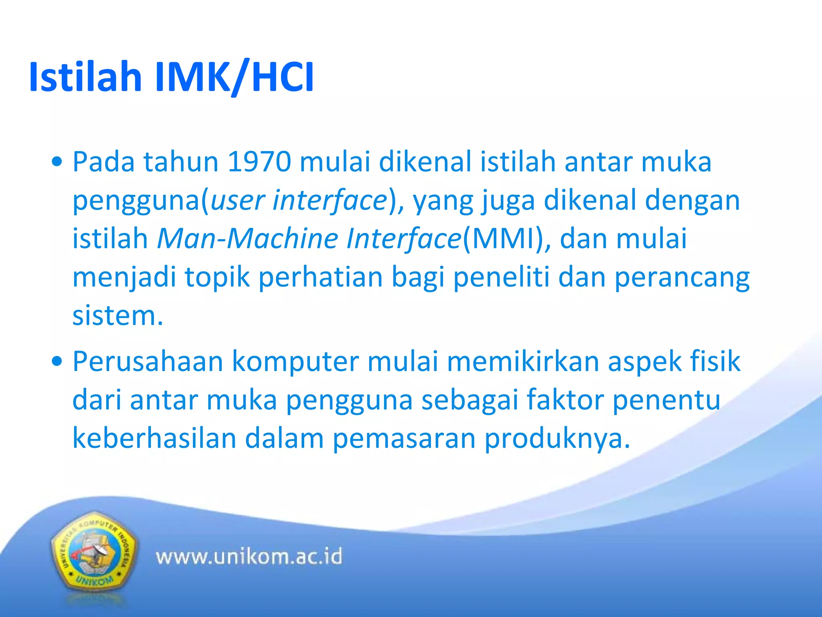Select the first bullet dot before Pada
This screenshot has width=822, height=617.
click(57, 162)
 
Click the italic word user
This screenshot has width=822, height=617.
click(237, 200)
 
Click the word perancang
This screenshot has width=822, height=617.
click(682, 278)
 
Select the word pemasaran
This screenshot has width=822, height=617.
click(403, 439)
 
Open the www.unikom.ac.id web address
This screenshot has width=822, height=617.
click(249, 557)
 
